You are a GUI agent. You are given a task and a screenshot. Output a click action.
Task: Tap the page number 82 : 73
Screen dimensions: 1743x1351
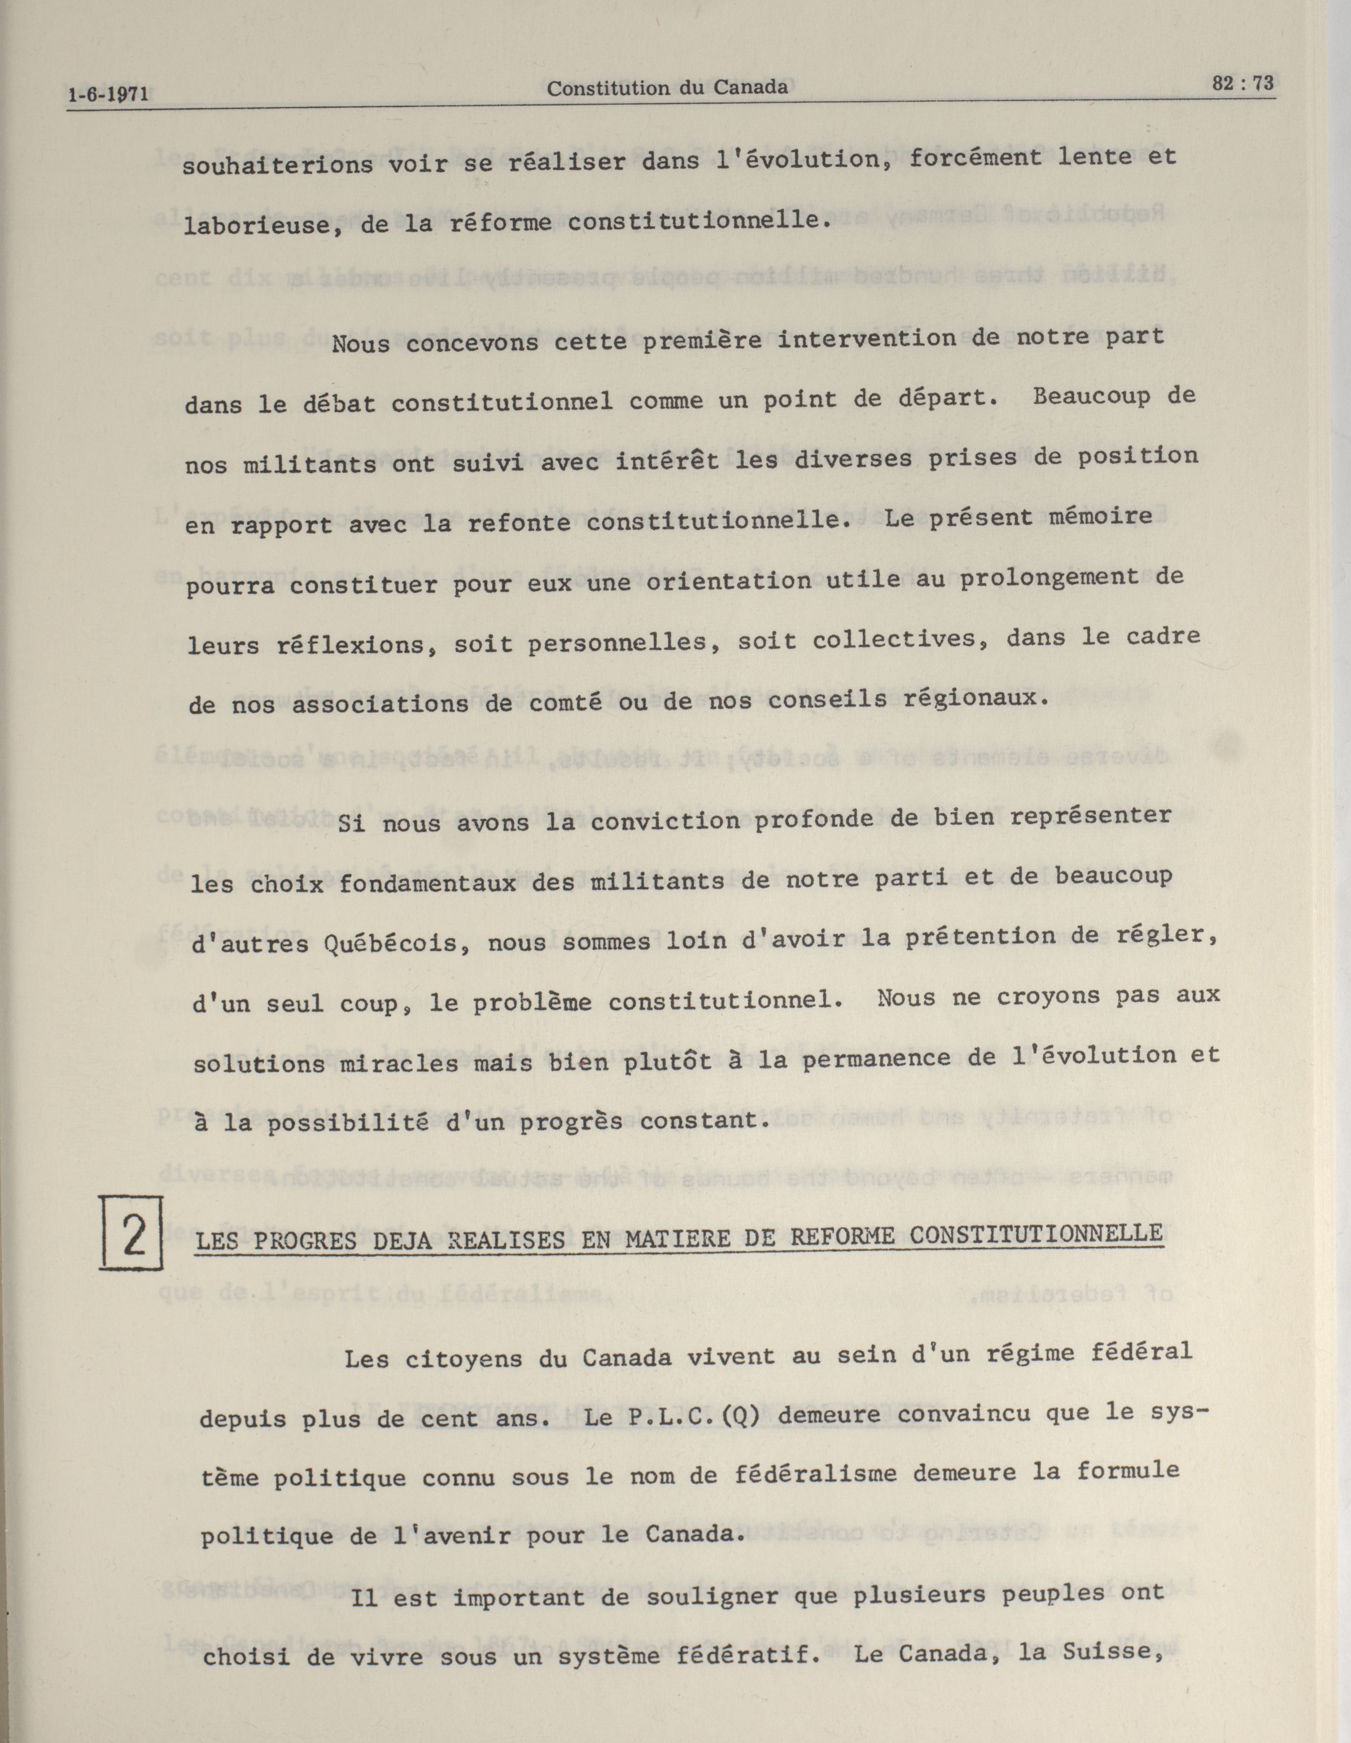click(x=1243, y=83)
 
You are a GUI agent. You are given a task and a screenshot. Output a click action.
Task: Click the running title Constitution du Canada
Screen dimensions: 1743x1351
click(x=667, y=88)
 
